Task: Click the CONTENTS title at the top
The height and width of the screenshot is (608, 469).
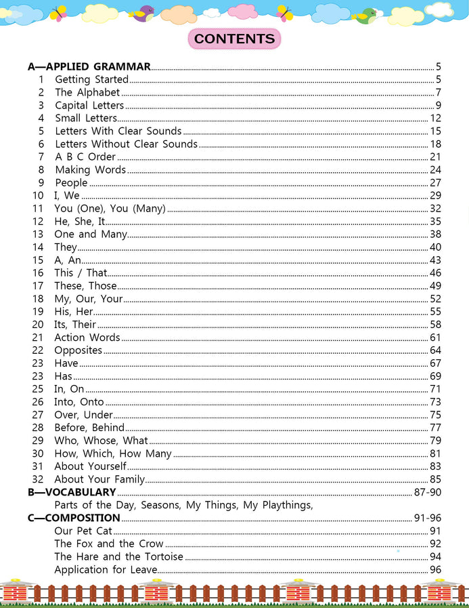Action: [234, 39]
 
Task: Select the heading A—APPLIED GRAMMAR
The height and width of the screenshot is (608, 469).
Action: [89, 66]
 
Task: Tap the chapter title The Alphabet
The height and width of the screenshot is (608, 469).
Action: [87, 92]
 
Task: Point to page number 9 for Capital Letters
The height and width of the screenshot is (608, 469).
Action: [439, 105]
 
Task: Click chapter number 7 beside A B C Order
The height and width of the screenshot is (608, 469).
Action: [41, 157]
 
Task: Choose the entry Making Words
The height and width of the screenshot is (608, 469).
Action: [90, 169]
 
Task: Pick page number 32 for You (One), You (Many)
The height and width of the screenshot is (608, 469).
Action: [435, 209]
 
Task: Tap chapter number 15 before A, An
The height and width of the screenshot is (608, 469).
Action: [38, 260]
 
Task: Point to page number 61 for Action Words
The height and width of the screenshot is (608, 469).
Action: [435, 338]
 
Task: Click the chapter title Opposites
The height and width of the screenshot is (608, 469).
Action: [78, 350]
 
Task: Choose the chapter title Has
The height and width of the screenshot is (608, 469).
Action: [63, 376]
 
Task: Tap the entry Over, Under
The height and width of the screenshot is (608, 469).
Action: [83, 415]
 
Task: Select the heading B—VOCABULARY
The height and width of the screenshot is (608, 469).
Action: [72, 492]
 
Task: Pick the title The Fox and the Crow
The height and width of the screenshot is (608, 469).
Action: [109, 544]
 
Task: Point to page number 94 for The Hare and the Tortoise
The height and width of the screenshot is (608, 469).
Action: [435, 556]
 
